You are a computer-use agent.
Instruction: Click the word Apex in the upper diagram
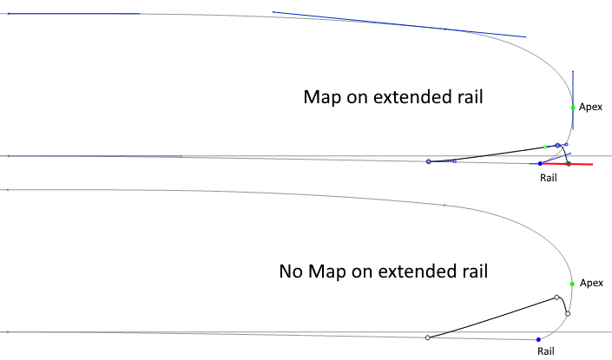pos(590,107)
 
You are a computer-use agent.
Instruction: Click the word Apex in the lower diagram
pos(590,283)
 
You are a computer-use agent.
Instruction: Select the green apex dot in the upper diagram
pos(573,108)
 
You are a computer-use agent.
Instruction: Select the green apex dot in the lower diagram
pos(572,284)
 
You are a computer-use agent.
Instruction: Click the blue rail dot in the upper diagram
pos(540,163)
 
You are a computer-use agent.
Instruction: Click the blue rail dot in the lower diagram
pos(538,339)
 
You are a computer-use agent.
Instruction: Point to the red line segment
pos(582,163)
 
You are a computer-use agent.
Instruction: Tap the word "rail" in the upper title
pos(466,97)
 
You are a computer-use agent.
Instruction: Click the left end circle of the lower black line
pos(428,337)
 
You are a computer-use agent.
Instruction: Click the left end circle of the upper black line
pos(429,162)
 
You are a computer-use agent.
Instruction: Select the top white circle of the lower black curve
pos(557,298)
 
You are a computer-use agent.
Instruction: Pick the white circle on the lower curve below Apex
pos(567,313)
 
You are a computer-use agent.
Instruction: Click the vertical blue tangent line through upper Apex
pos(573,87)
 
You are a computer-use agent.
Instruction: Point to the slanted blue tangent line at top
pos(399,24)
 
